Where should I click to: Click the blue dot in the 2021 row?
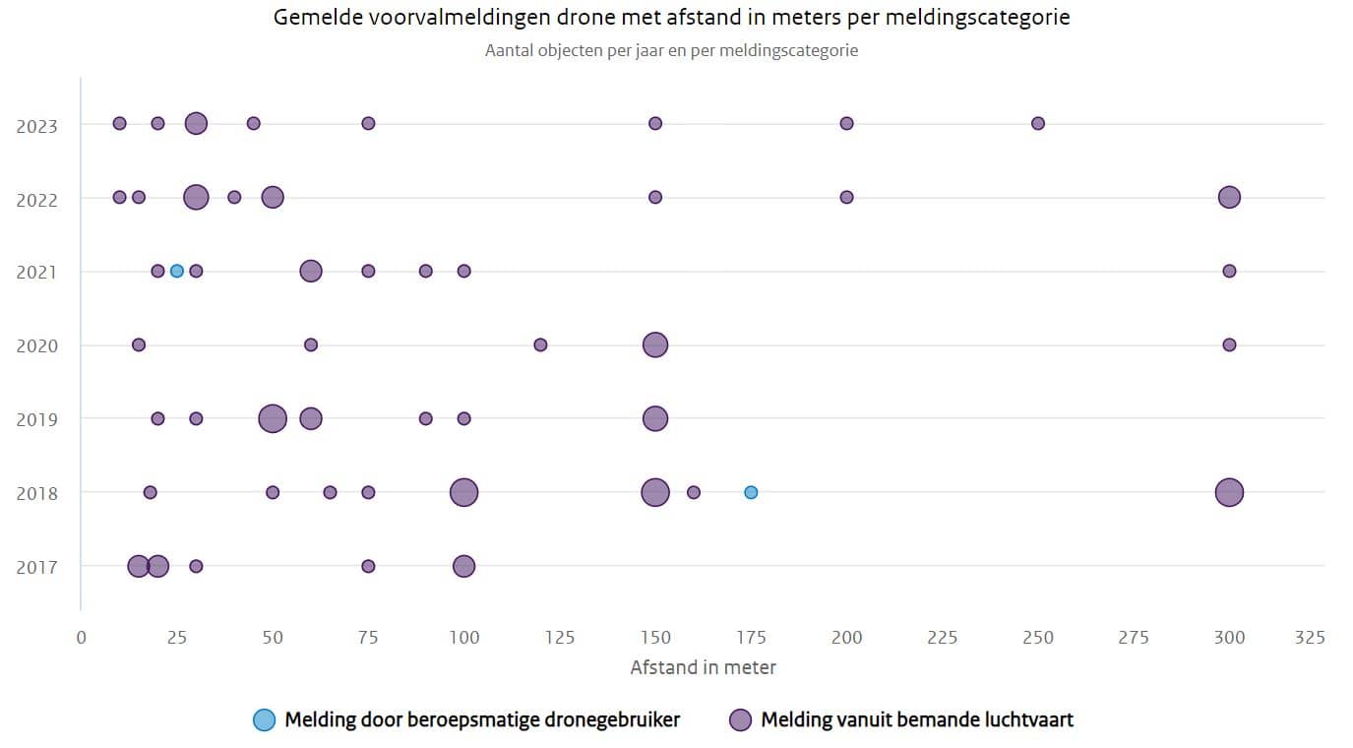click(176, 271)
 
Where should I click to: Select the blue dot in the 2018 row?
click(751, 492)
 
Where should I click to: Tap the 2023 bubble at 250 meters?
click(1038, 123)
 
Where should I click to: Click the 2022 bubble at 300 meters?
click(1229, 197)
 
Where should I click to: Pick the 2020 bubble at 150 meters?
click(655, 345)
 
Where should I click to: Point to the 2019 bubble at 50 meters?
click(273, 418)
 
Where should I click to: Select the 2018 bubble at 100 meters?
click(463, 492)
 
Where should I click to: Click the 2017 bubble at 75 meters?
click(368, 566)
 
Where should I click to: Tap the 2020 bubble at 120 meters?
click(540, 345)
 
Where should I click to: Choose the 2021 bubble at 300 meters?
click(1229, 271)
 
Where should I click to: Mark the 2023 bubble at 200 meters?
click(847, 123)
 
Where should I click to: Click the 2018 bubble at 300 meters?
click(1229, 492)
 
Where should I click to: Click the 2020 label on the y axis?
click(36, 346)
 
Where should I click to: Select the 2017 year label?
click(36, 567)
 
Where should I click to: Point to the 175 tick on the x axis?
click(751, 638)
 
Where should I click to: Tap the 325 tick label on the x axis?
click(1310, 638)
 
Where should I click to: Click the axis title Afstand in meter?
click(704, 667)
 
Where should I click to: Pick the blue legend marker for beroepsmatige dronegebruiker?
click(264, 719)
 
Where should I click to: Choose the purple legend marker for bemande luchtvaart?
click(740, 719)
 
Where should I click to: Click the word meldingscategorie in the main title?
click(978, 18)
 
